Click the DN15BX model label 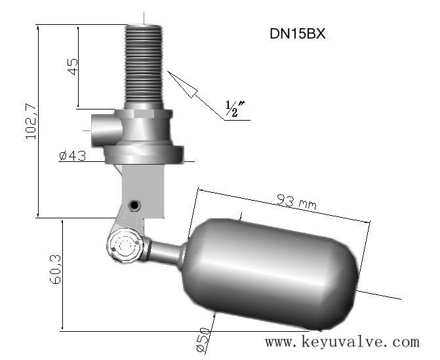(298, 33)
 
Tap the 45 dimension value (73, 66)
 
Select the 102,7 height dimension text (31, 121)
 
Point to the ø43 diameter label (72, 156)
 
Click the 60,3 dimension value (56, 270)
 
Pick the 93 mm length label (296, 202)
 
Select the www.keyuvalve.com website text (342, 342)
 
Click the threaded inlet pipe (144, 64)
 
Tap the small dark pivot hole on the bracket (134, 205)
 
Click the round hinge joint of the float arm (125, 245)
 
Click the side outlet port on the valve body (106, 130)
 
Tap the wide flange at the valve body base (144, 154)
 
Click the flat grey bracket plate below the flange (143, 191)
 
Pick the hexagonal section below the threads (144, 113)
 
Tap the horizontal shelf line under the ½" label (237, 121)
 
